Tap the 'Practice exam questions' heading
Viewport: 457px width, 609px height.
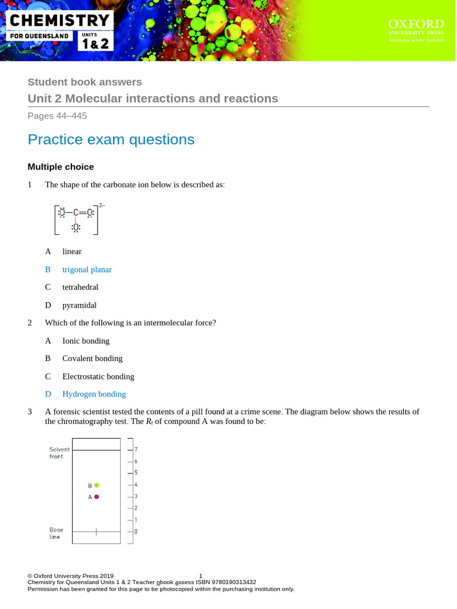tap(111, 139)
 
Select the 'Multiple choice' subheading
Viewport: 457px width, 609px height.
tap(61, 167)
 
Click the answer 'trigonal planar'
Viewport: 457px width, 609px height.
tap(87, 269)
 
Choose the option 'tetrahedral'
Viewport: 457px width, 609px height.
tap(80, 287)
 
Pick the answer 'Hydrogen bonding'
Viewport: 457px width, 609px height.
tap(94, 394)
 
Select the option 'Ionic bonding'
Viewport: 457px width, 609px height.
tap(86, 341)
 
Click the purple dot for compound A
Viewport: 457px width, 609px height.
tap(96, 497)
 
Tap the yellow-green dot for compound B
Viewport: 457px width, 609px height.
tap(96, 485)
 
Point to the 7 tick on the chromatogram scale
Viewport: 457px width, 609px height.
tap(136, 450)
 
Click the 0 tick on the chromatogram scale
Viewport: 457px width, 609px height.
tap(136, 531)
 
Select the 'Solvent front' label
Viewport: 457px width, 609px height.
tap(60, 453)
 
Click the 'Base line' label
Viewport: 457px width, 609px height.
tap(57, 532)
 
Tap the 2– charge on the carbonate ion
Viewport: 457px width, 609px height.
tap(102, 205)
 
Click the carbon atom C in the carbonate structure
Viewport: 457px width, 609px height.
tap(76, 212)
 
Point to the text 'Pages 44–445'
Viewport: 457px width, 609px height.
tap(57, 116)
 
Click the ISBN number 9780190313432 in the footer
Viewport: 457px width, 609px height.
tap(230, 582)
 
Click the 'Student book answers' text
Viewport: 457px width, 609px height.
tap(84, 82)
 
